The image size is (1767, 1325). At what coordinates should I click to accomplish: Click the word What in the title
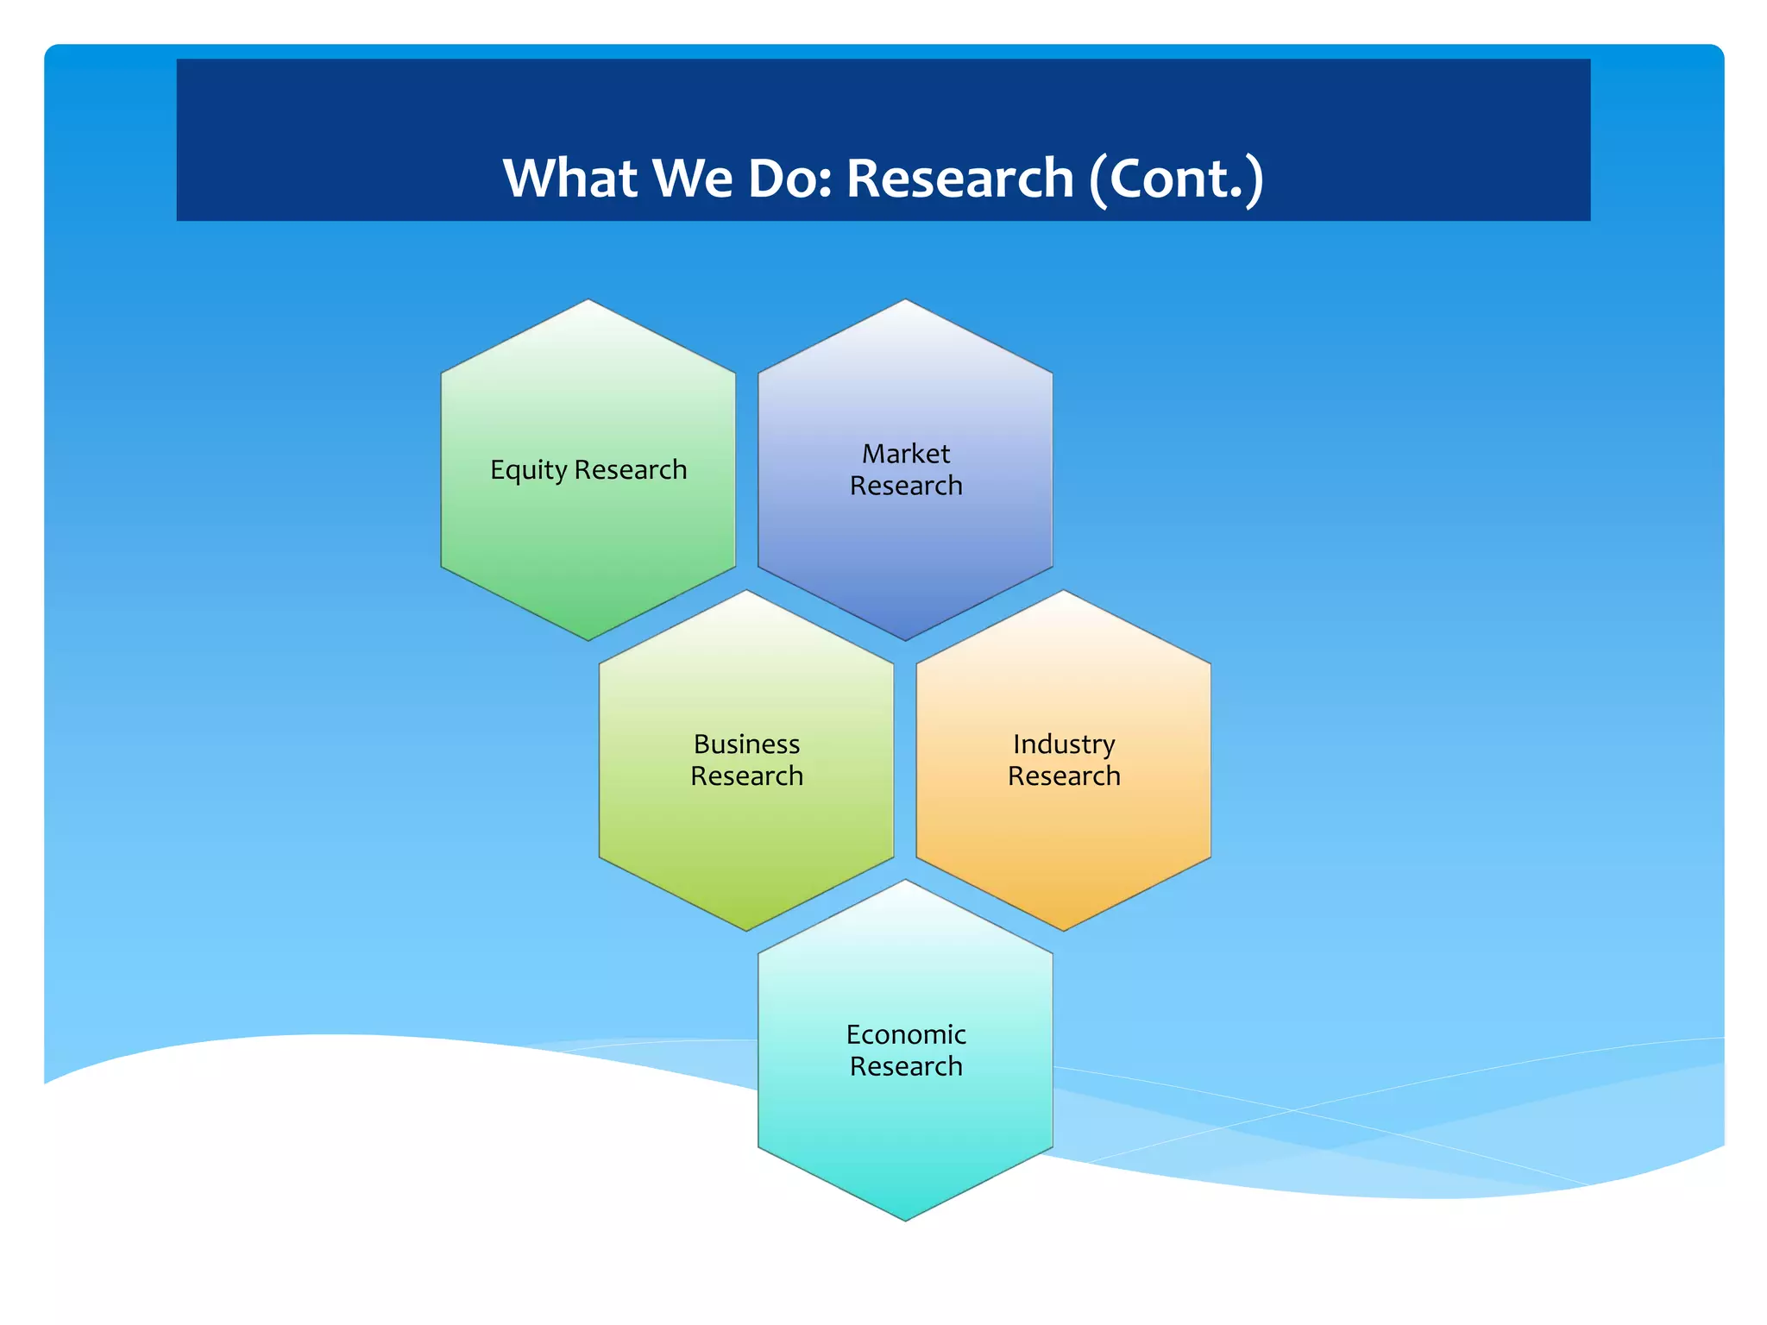[569, 179]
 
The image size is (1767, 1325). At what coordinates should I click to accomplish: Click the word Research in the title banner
[959, 179]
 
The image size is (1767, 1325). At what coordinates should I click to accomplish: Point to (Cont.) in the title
[1176, 179]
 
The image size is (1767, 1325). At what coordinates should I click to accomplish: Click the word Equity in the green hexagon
[528, 470]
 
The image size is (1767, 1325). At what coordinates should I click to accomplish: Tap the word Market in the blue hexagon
[906, 454]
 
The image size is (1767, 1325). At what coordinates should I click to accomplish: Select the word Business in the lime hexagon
[746, 744]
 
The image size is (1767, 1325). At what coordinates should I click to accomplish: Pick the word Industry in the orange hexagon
[1064, 744]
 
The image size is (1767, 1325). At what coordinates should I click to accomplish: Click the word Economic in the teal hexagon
[906, 1034]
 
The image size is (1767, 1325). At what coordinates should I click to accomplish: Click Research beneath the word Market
[906, 486]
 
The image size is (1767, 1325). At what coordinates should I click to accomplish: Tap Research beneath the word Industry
[1064, 776]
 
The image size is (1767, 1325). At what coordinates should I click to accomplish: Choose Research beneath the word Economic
[906, 1066]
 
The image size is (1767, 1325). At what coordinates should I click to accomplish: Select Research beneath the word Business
[746, 776]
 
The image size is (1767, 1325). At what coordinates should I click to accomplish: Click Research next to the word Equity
[631, 470]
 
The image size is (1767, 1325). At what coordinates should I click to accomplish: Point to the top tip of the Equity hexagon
[588, 300]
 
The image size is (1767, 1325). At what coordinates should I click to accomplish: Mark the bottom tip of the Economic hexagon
[905, 1220]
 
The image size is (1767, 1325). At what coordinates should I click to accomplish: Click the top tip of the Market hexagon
[905, 300]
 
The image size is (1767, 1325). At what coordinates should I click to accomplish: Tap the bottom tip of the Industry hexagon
[1063, 930]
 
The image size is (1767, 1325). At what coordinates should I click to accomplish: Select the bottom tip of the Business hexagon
[746, 930]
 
